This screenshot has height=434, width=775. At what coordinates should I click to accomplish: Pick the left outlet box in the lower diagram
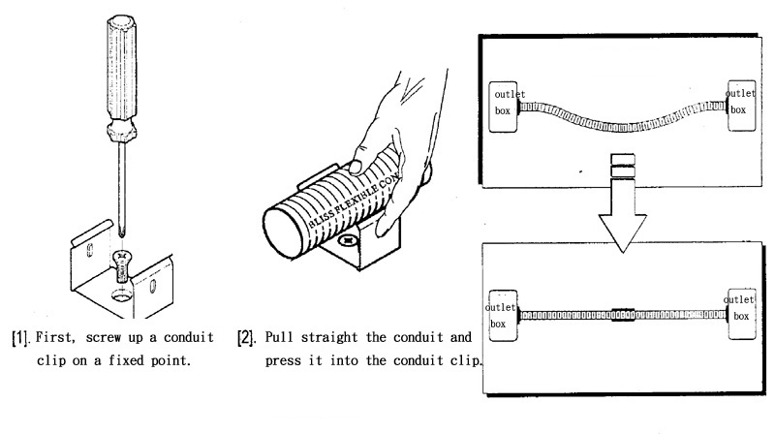497,316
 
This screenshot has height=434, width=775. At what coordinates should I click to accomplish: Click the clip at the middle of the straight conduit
622,315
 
